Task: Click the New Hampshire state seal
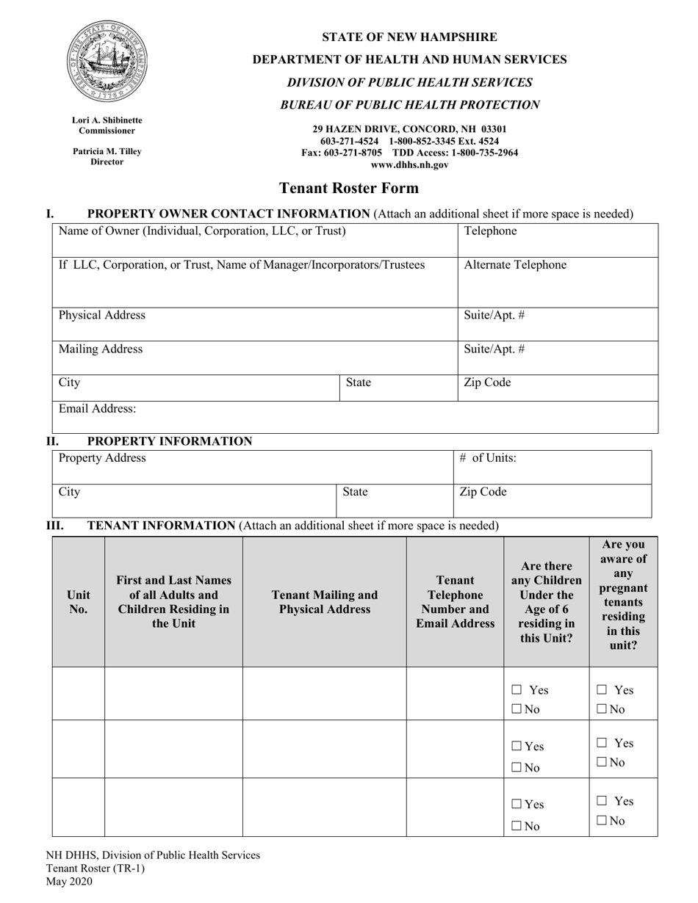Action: [x=107, y=62]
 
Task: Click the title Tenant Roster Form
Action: [x=349, y=188]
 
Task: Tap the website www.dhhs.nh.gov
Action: [x=409, y=165]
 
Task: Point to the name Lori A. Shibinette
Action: [x=107, y=120]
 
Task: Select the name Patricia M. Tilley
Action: [x=107, y=151]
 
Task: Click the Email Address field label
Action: [x=97, y=408]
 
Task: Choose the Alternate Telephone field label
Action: [x=515, y=265]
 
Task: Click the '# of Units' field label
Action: [x=488, y=458]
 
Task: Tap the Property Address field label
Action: [x=102, y=458]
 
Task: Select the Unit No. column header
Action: [x=78, y=601]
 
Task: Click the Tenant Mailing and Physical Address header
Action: [x=324, y=602]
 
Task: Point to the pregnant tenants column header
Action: [x=623, y=595]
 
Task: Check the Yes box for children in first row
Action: [x=517, y=690]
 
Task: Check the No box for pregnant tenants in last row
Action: [x=600, y=821]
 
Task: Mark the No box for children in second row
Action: [x=517, y=768]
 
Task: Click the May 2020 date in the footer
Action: [x=69, y=882]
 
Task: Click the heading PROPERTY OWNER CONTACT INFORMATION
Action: [x=229, y=214]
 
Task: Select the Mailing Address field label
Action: [x=101, y=349]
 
